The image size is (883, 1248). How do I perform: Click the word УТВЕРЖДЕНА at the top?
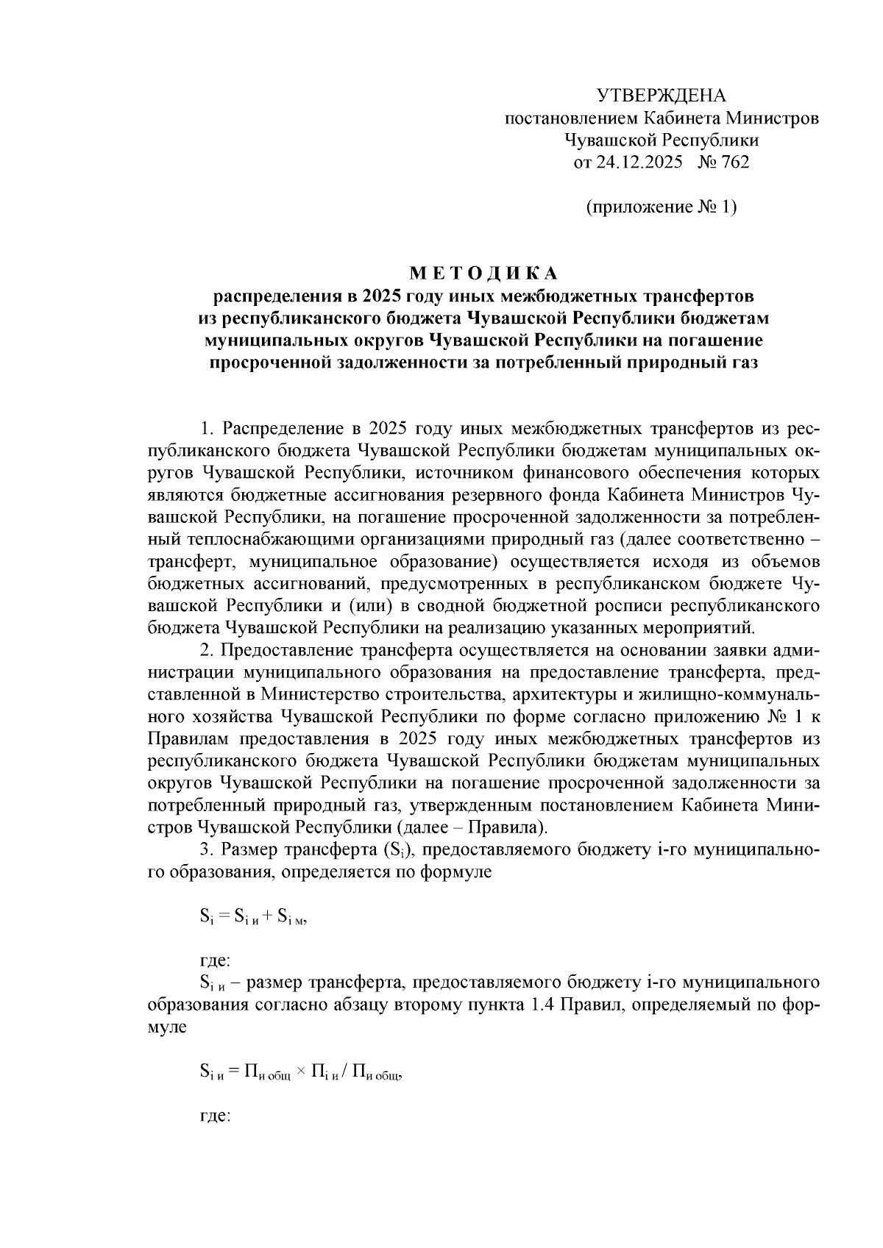660,96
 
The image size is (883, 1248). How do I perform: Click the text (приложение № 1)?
661,207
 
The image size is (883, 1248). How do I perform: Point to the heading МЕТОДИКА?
484,274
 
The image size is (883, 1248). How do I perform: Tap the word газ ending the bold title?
740,363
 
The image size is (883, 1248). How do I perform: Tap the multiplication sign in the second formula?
301,1073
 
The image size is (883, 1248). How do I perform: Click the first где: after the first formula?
216,960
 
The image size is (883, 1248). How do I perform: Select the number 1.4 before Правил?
544,1005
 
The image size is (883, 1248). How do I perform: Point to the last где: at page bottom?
216,1116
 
